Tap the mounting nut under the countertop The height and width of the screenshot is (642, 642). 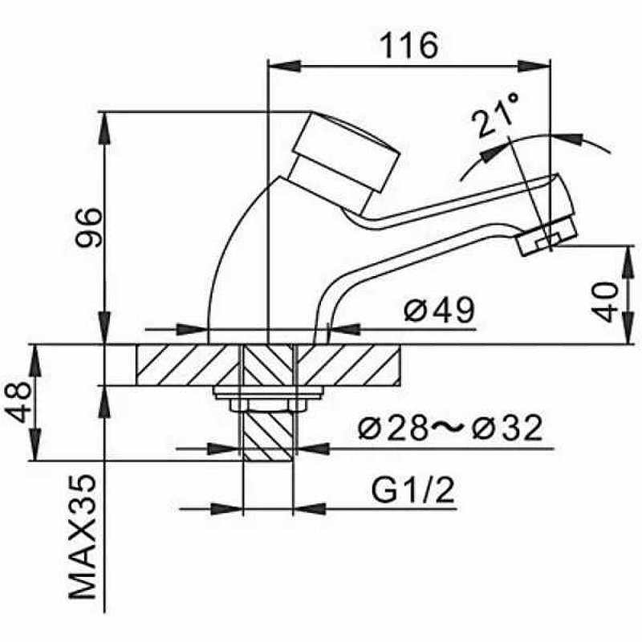coord(268,394)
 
